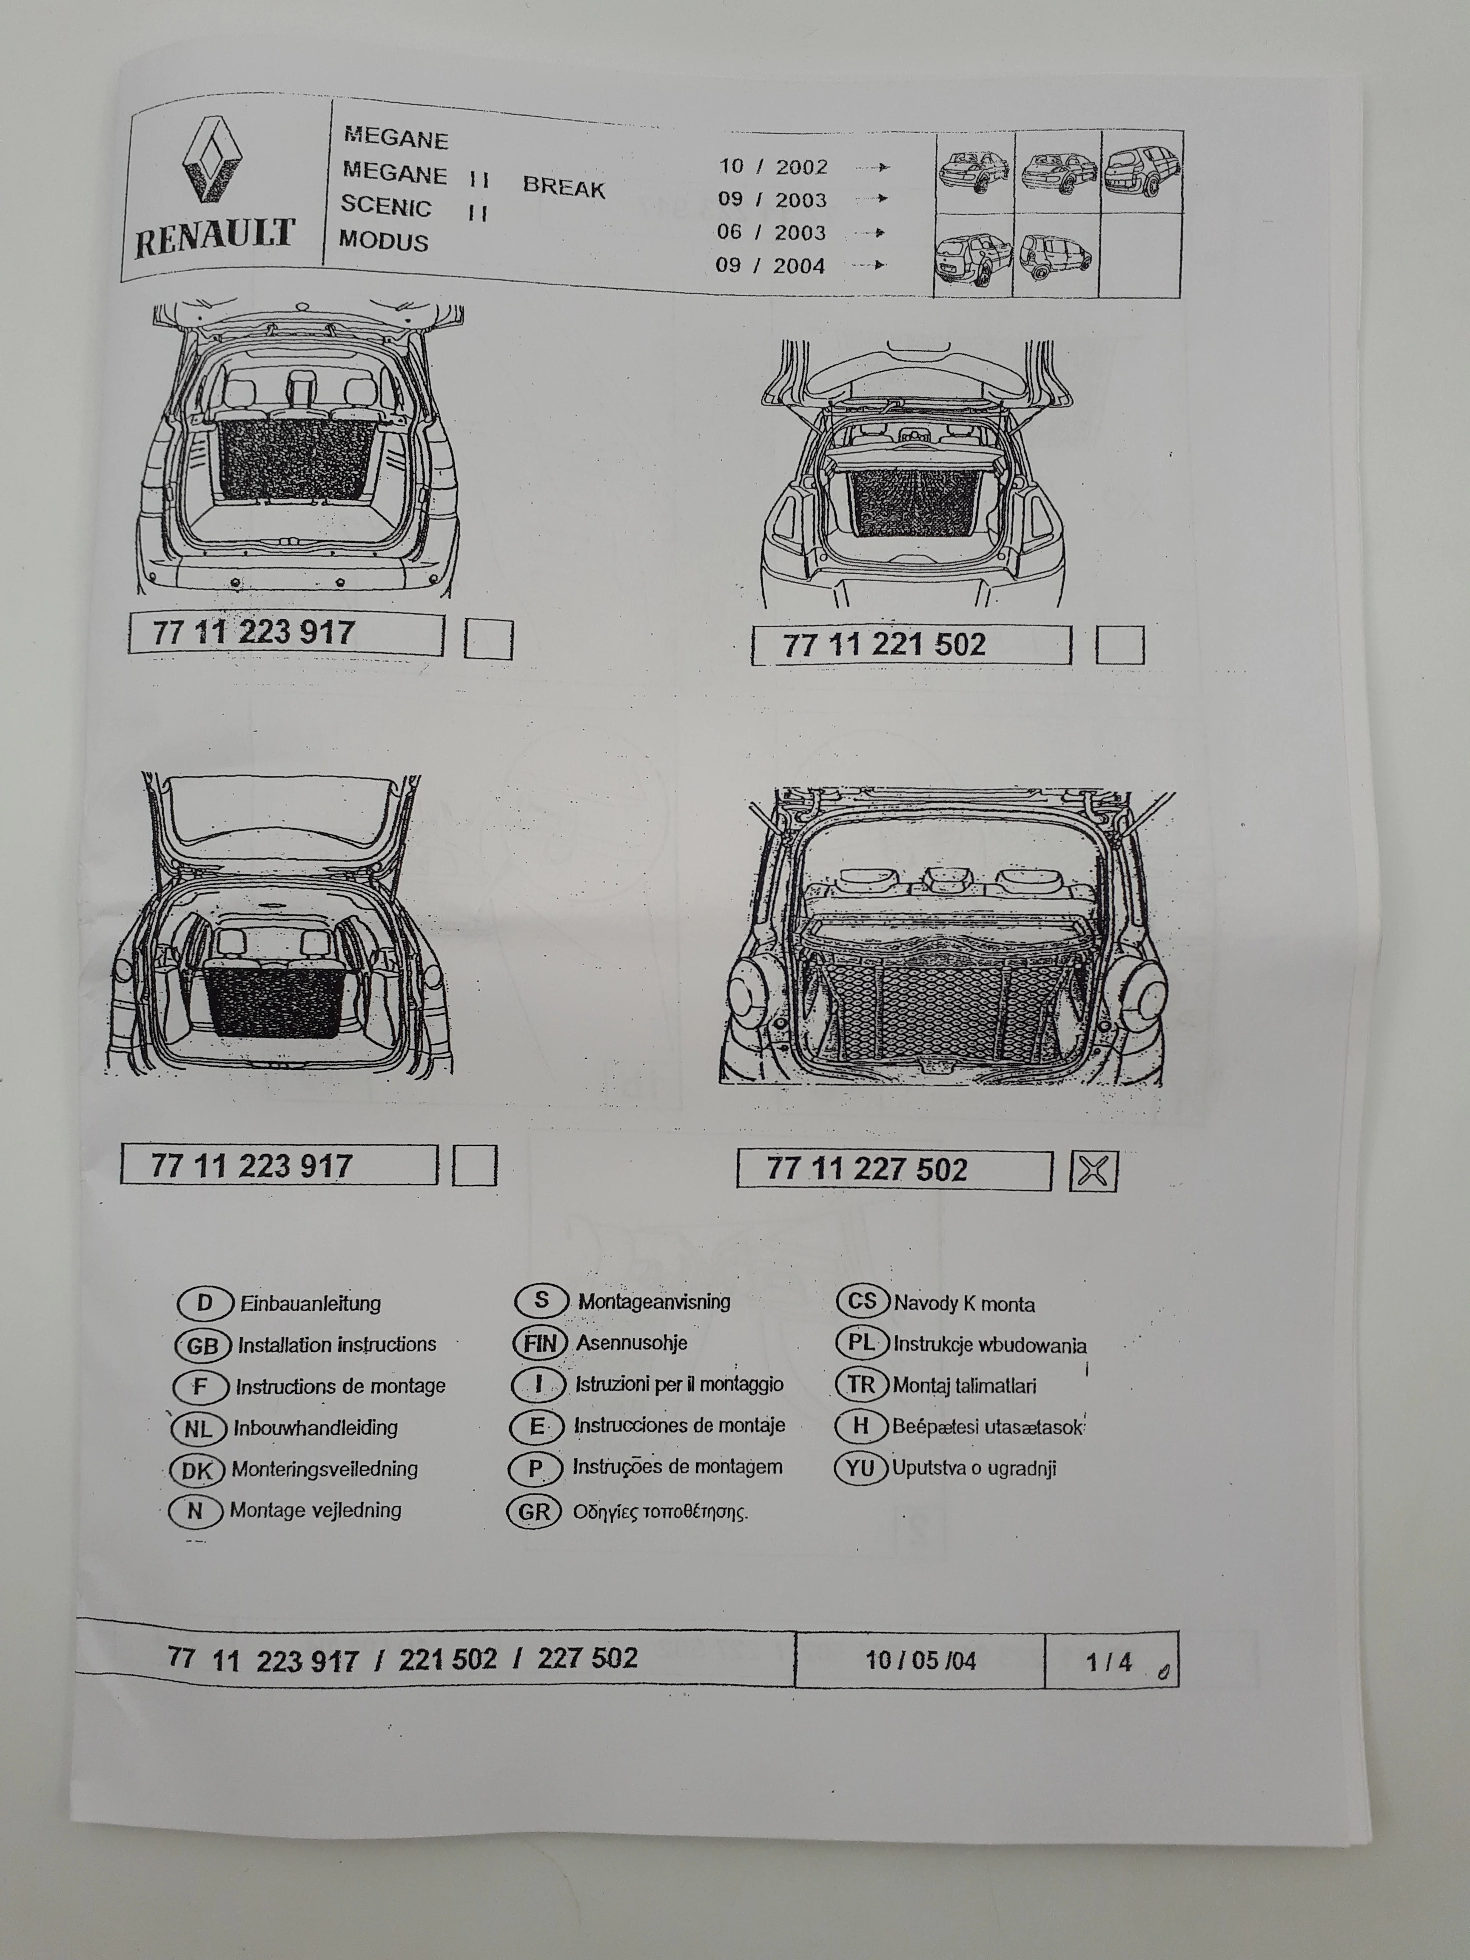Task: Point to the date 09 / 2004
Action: pos(771,265)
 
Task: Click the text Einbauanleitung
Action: pos(310,1303)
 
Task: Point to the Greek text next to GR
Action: pos(660,1512)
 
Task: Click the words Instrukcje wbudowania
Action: pos(989,1344)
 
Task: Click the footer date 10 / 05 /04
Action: pos(920,1660)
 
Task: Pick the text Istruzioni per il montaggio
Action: pos(679,1384)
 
